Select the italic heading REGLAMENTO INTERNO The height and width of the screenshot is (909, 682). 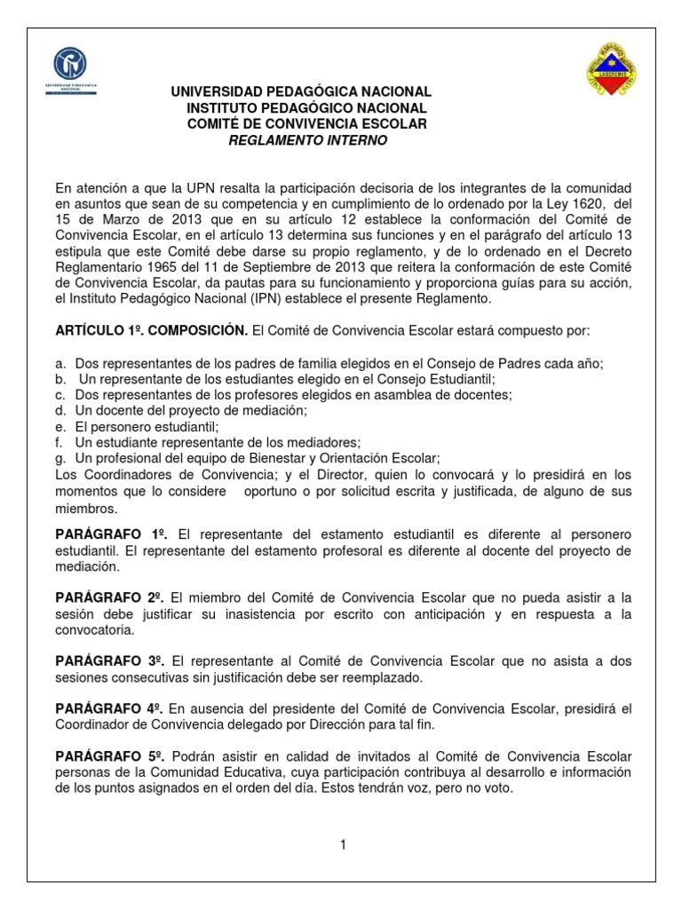307,140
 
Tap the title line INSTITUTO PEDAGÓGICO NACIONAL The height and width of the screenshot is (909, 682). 307,107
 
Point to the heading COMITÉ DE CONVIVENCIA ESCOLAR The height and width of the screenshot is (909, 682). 307,123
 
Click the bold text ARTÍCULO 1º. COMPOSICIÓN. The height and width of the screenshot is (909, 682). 152,330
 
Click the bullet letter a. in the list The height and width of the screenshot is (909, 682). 60,364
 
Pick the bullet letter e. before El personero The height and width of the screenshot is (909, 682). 60,426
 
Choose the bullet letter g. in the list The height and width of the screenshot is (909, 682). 60,457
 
